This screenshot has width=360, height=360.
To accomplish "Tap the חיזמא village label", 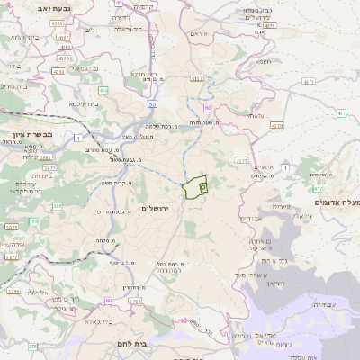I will tap(264, 62).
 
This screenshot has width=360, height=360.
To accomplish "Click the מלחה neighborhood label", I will tap(106, 241).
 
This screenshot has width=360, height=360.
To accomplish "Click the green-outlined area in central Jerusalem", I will tap(193, 188).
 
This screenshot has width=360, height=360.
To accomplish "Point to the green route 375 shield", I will tap(33, 346).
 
